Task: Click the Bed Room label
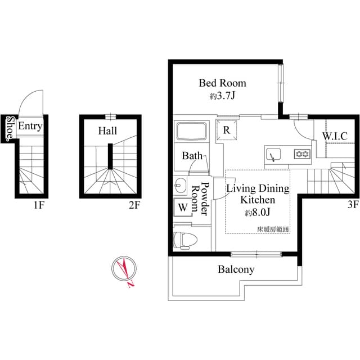[x=222, y=83]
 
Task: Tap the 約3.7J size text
[x=222, y=96]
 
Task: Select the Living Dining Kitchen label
[x=258, y=193]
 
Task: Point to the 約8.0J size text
[x=258, y=213]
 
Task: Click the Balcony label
[x=236, y=269]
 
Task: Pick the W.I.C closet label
[x=334, y=136]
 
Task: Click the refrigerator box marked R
[x=226, y=129]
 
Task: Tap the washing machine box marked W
[x=183, y=206]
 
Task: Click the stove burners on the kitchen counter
[x=301, y=154]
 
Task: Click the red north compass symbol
[x=124, y=269]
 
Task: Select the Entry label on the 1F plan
[x=30, y=127]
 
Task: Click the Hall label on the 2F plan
[x=107, y=131]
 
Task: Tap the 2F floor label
[x=133, y=205]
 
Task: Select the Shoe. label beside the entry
[x=10, y=129]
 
